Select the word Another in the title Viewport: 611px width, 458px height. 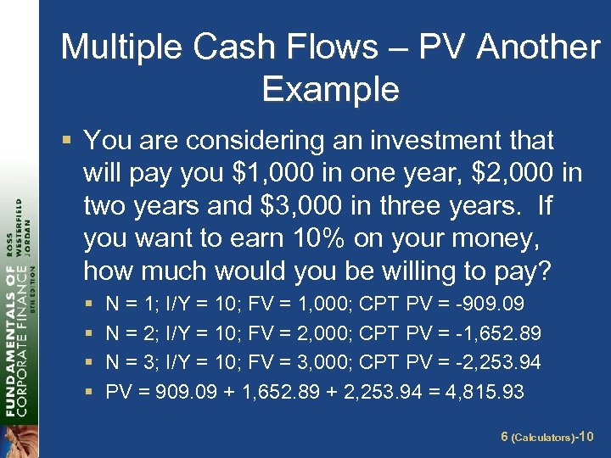tap(538, 47)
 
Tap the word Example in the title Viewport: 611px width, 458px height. tap(331, 88)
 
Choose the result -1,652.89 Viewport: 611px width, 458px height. tap(502, 333)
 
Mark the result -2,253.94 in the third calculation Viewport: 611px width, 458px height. tap(502, 362)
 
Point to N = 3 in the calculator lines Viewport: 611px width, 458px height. tap(127, 362)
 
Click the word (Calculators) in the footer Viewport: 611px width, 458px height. tap(543, 438)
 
